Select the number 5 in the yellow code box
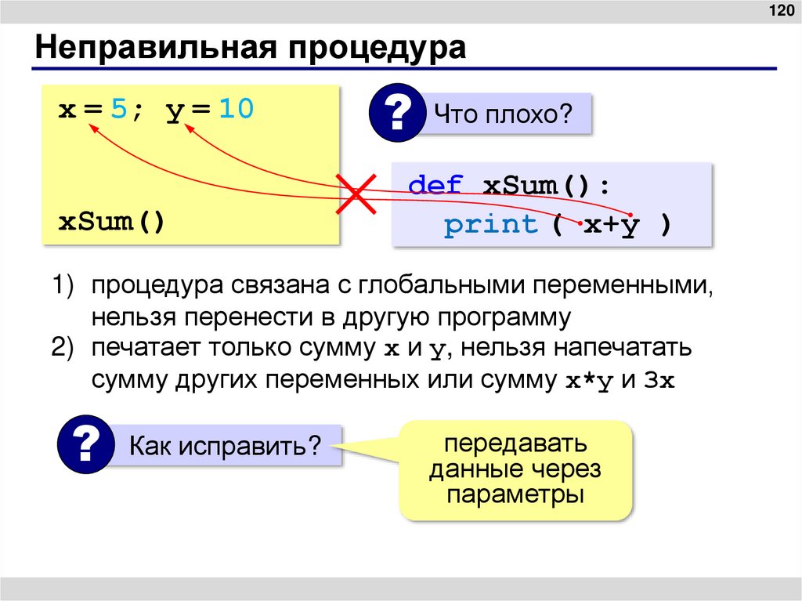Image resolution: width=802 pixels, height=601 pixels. (x=117, y=110)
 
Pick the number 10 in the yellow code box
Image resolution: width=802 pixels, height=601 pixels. (x=236, y=110)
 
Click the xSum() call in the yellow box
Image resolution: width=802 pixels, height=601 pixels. (x=112, y=222)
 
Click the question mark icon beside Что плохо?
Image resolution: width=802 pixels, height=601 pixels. (x=397, y=114)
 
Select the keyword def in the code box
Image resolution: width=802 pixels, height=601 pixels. (x=436, y=187)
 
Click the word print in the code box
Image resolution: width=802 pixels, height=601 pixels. (x=491, y=225)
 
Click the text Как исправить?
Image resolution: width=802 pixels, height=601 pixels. (x=226, y=447)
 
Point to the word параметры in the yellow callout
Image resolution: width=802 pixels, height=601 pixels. (x=516, y=495)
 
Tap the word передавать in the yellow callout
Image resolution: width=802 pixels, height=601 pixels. (x=516, y=445)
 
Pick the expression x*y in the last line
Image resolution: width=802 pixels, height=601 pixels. (x=588, y=382)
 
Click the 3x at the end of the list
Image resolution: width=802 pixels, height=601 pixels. (x=659, y=382)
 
